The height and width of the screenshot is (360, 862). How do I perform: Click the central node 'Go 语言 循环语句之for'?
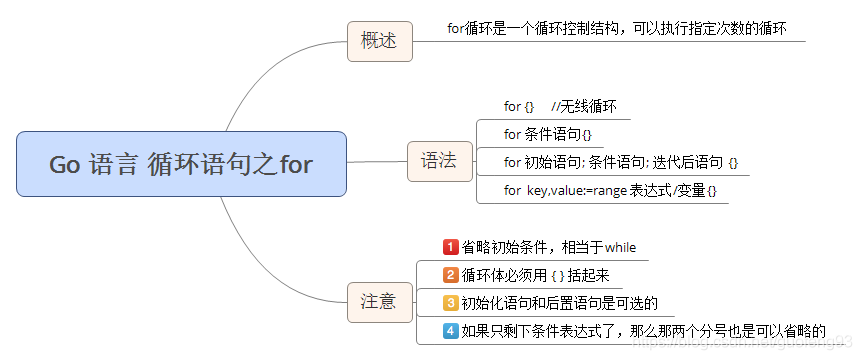click(181, 164)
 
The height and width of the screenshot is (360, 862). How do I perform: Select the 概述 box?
click(379, 41)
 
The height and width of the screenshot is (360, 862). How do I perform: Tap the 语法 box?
click(439, 161)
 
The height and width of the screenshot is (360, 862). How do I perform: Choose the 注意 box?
click(379, 301)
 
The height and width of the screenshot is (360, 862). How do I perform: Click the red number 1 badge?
click(450, 247)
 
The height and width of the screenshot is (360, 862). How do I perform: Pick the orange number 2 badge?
click(450, 275)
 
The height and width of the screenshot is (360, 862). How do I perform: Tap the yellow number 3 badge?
click(450, 303)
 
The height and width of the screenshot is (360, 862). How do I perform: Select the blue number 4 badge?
click(450, 331)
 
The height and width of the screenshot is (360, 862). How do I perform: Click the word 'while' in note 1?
click(620, 248)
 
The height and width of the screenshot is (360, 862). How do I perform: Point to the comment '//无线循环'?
click(584, 106)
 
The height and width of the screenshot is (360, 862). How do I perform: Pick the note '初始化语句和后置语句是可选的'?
click(560, 303)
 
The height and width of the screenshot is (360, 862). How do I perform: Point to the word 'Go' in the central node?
click(64, 165)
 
